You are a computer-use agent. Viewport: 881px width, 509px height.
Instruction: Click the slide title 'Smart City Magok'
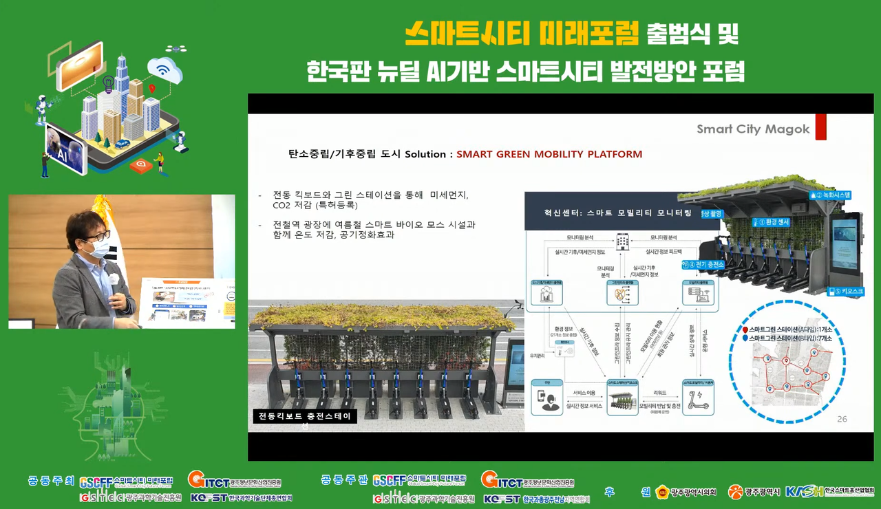click(753, 129)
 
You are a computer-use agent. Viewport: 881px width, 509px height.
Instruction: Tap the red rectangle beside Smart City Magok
click(820, 127)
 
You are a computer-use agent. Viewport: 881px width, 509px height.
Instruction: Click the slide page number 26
click(842, 419)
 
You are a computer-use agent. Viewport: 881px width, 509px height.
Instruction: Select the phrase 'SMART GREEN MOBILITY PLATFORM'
click(549, 154)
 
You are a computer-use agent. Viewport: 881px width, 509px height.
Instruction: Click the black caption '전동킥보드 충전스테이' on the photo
click(304, 416)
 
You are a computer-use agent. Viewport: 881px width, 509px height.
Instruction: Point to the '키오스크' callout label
click(846, 292)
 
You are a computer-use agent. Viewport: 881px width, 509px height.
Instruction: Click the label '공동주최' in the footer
click(52, 480)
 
